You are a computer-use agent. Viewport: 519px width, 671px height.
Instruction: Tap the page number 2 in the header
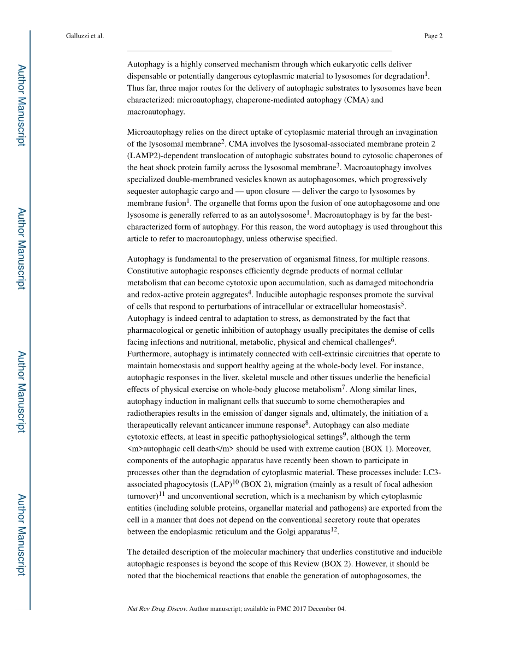point(440,36)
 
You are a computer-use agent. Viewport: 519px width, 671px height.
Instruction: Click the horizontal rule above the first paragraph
point(259,51)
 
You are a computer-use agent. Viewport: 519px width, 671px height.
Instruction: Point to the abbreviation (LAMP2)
point(143,155)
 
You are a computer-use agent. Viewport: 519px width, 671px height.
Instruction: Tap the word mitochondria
point(411,283)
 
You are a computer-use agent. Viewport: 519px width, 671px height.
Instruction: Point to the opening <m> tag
point(134,449)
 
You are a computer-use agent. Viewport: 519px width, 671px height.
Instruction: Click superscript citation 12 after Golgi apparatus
point(334,529)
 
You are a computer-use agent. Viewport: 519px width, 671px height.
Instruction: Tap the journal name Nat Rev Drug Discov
point(157,609)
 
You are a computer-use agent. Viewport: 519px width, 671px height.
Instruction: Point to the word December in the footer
point(323,609)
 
